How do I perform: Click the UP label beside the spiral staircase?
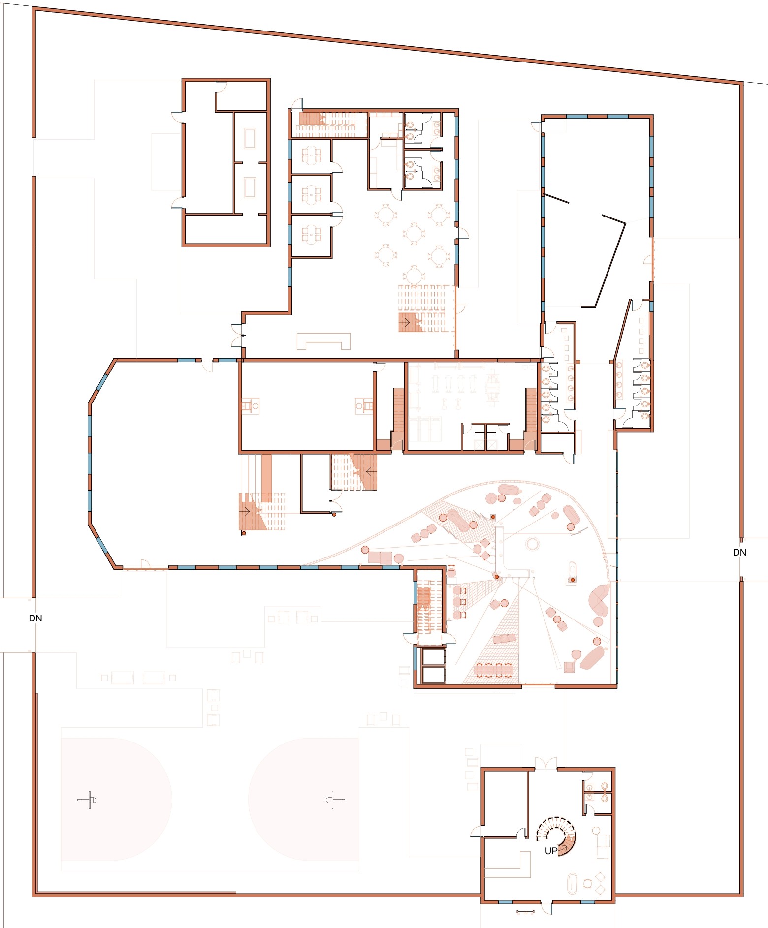(551, 850)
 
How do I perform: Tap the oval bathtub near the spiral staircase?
(572, 883)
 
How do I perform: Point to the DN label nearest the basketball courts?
(35, 618)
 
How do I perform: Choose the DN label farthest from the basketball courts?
(739, 552)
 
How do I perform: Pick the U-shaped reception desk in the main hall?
(323, 341)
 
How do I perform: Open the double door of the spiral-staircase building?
(545, 763)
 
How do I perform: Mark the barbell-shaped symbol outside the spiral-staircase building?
(525, 912)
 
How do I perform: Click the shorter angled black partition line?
(556, 198)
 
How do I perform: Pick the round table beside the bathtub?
(587, 883)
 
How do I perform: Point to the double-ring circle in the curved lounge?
(532, 544)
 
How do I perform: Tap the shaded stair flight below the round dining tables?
(411, 322)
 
